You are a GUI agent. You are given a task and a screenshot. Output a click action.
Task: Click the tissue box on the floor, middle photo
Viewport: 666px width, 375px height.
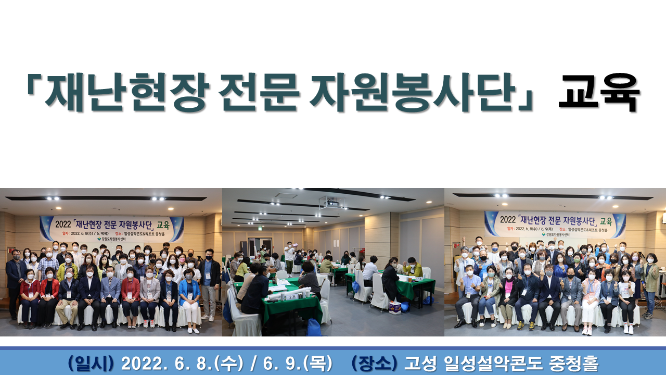[395, 307]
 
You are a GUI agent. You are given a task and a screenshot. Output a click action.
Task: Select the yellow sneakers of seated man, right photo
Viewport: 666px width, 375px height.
[520, 326]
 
